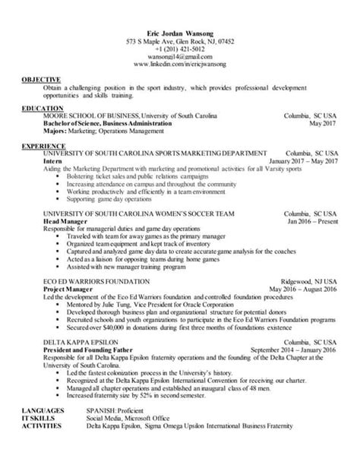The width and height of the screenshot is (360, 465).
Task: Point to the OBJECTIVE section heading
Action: pyautogui.click(x=39, y=80)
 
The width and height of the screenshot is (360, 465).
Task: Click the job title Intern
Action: pyautogui.click(x=52, y=162)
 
